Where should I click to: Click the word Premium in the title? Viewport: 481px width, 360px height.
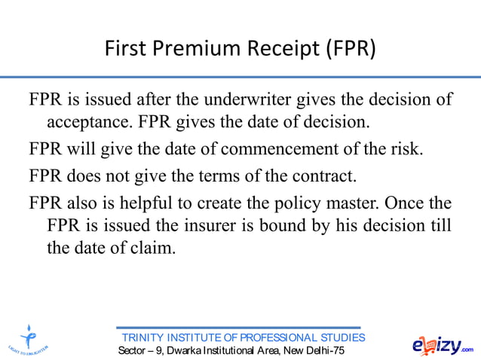pyautogui.click(x=201, y=51)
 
